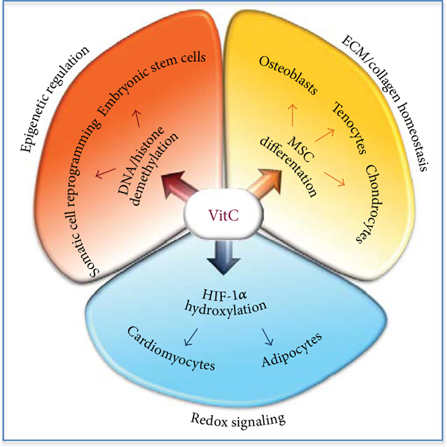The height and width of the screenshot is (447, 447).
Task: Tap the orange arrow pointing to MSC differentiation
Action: (x=265, y=187)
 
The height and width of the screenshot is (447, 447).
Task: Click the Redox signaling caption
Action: (x=223, y=420)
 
